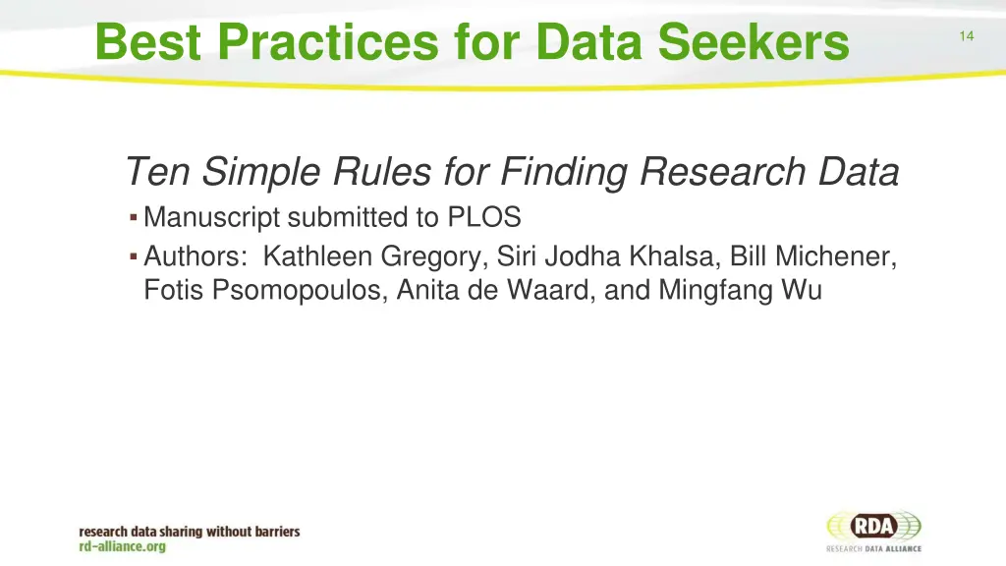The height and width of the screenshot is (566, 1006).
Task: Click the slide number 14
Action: [966, 36]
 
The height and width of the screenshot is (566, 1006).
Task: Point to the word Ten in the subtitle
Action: [159, 173]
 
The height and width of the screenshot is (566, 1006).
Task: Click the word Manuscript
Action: [212, 217]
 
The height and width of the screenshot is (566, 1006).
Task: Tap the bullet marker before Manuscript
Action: [133, 216]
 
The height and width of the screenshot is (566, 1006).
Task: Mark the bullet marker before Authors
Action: [133, 256]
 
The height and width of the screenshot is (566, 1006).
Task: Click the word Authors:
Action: [196, 257]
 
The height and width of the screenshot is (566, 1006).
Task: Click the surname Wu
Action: [801, 291]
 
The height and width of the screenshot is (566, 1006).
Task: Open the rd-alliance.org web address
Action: [123, 546]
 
